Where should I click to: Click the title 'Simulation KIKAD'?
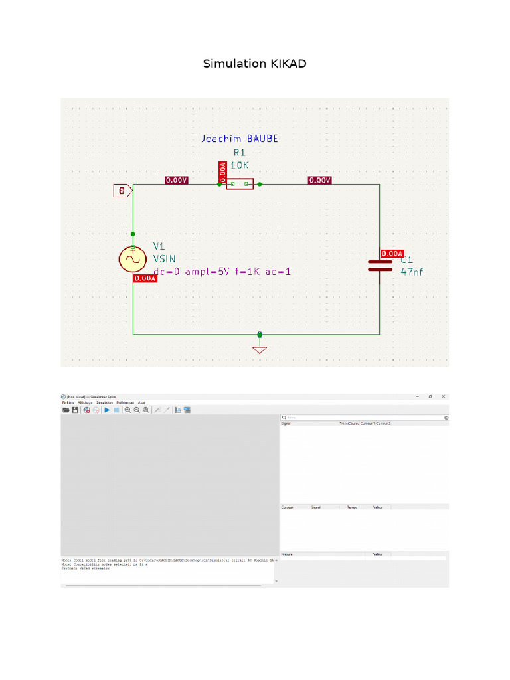[254, 64]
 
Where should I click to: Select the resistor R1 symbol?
[240, 184]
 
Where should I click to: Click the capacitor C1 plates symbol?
[380, 266]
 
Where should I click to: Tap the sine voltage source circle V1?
[133, 260]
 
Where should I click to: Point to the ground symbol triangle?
[260, 349]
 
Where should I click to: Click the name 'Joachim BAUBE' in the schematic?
[240, 139]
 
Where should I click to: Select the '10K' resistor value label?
[240, 165]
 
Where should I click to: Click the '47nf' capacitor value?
[412, 271]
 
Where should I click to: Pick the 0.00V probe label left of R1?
[176, 180]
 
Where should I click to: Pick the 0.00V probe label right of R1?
[320, 180]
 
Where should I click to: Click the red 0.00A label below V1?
[145, 279]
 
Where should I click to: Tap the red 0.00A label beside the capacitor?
[392, 254]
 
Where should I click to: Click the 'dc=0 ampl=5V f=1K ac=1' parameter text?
[222, 272]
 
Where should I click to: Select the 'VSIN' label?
[165, 258]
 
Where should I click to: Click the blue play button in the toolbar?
[106, 410]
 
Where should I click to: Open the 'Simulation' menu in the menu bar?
[104, 402]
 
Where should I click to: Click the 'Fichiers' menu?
[68, 402]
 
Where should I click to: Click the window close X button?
[443, 396]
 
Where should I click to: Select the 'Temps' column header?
[351, 507]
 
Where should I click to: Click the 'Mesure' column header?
[288, 554]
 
